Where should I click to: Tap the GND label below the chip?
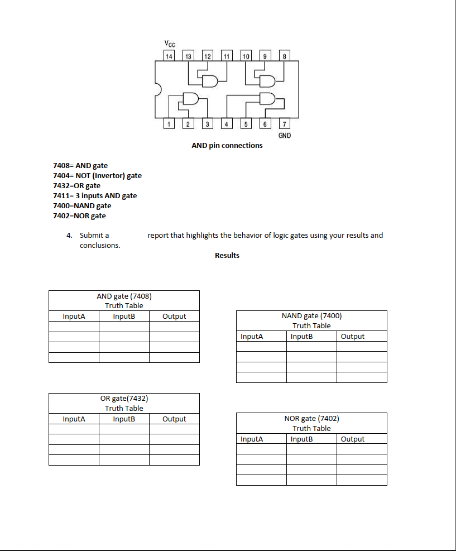pyautogui.click(x=284, y=136)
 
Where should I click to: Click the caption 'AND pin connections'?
pyautogui.click(x=227, y=146)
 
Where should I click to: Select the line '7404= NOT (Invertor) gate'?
pyautogui.click(x=97, y=176)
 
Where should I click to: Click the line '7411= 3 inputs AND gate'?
pyautogui.click(x=95, y=196)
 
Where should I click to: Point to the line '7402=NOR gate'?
pyautogui.click(x=79, y=216)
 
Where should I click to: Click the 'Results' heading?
pyautogui.click(x=227, y=256)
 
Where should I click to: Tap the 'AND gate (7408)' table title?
pyautogui.click(x=124, y=296)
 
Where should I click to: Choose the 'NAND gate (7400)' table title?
pyautogui.click(x=311, y=316)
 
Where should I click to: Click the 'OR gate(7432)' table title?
pyautogui.click(x=124, y=399)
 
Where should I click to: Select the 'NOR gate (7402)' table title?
pyautogui.click(x=311, y=419)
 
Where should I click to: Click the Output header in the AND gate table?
pyautogui.click(x=174, y=317)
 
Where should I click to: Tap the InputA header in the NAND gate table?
pyautogui.click(x=252, y=337)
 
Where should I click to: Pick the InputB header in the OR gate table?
pyautogui.click(x=124, y=419)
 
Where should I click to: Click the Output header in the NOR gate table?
pyautogui.click(x=352, y=439)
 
